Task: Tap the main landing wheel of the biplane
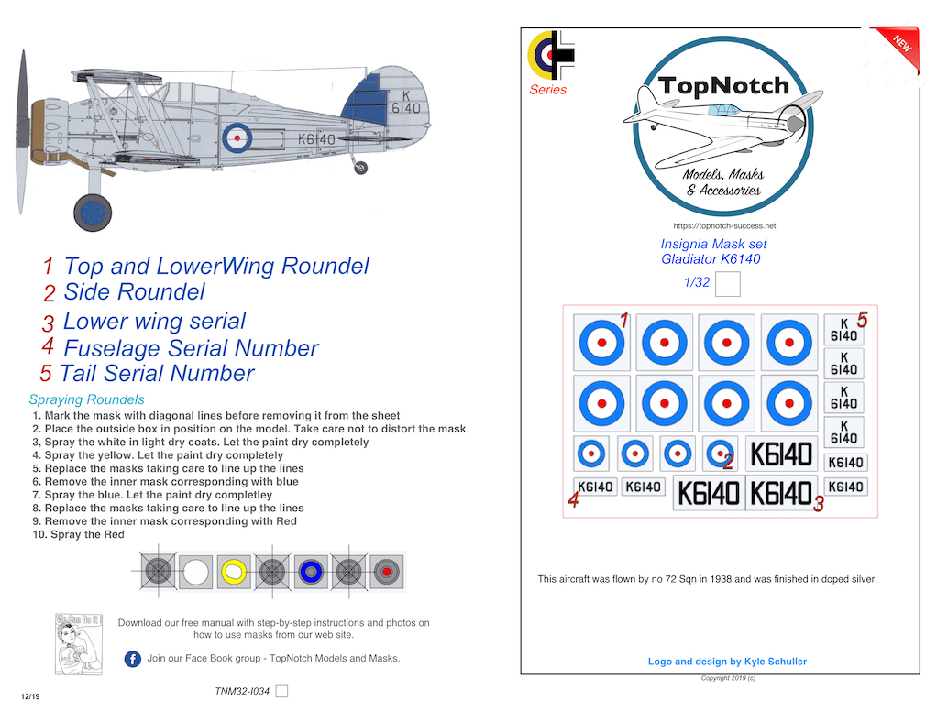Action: click(93, 213)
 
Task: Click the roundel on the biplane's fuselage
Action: click(237, 137)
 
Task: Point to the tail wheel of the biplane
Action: click(361, 168)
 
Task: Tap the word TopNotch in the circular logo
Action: click(722, 86)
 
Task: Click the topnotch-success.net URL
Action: click(723, 225)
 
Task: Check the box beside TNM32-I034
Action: click(282, 691)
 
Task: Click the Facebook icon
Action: click(133, 659)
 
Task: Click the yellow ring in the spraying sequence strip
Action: click(234, 572)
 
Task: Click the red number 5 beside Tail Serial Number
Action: click(46, 374)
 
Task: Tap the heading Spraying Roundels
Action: click(86, 400)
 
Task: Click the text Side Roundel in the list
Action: click(134, 292)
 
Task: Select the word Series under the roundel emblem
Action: click(547, 90)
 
